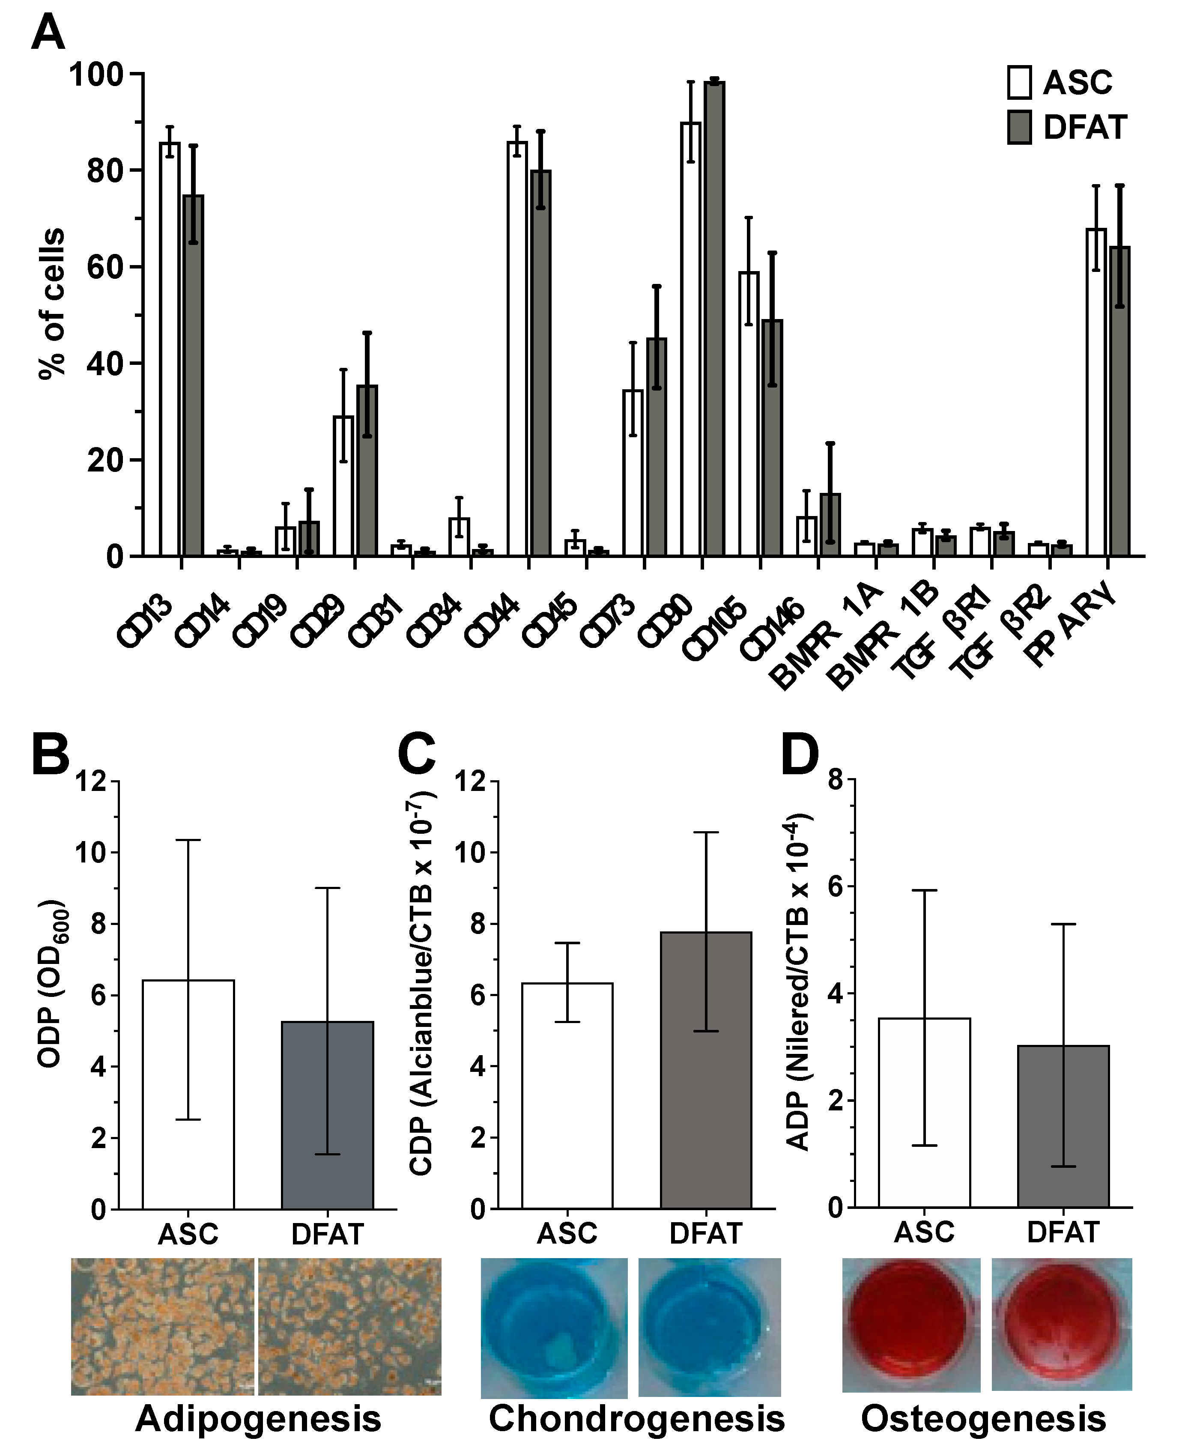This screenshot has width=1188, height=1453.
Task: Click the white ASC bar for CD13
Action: click(x=170, y=349)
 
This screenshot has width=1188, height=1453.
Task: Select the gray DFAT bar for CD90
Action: click(x=714, y=318)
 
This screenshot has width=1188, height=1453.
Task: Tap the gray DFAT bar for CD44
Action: click(x=540, y=363)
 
